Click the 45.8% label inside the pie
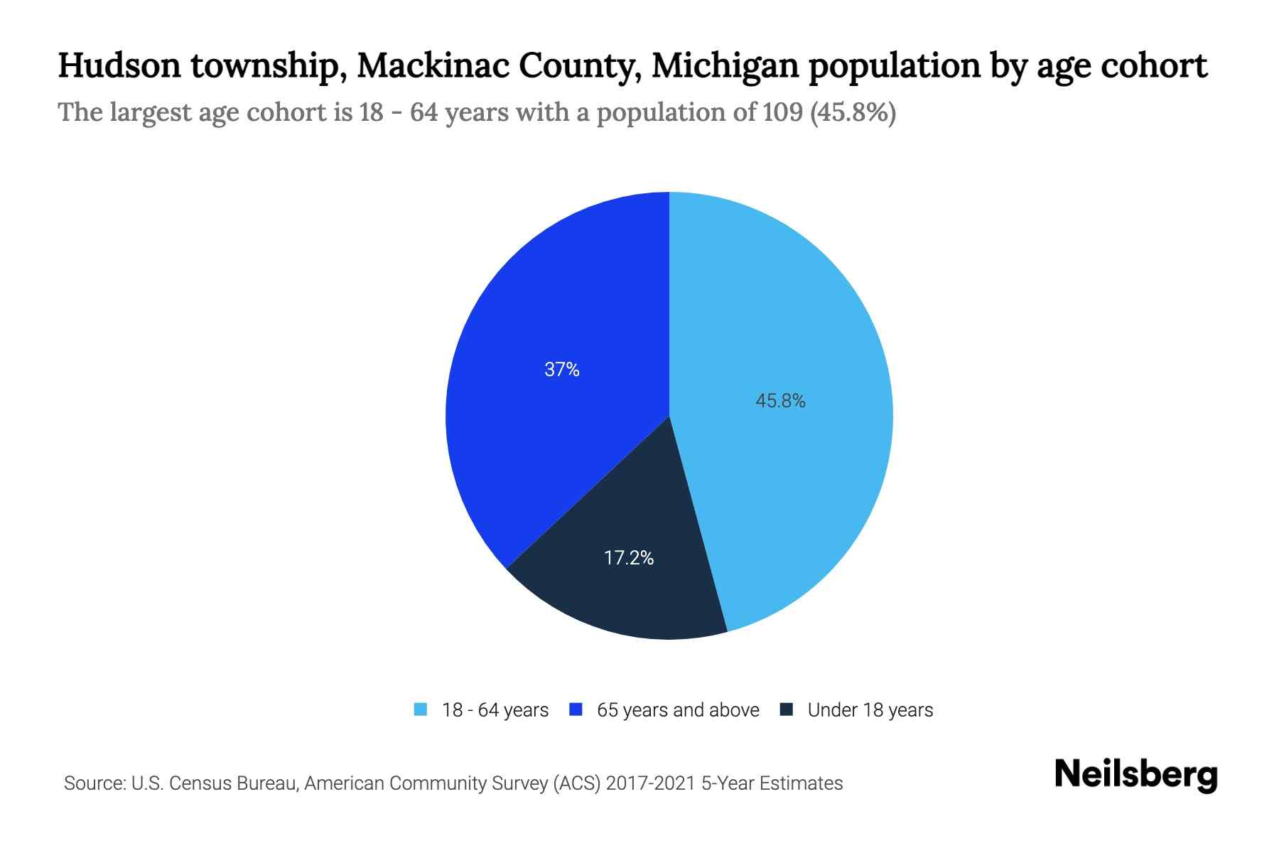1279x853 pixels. coord(780,402)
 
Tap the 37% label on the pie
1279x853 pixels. coord(562,370)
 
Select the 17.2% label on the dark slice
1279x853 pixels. coord(629,558)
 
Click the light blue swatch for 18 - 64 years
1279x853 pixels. coord(421,709)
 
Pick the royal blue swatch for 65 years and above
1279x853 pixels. coord(576,709)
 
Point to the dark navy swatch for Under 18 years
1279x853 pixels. coord(787,709)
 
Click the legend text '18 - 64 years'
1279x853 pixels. coord(495,710)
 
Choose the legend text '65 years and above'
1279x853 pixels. coord(678,710)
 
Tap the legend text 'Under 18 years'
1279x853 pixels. coord(870,710)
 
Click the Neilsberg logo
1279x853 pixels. coord(1135,775)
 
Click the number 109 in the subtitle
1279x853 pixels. coord(784,112)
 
